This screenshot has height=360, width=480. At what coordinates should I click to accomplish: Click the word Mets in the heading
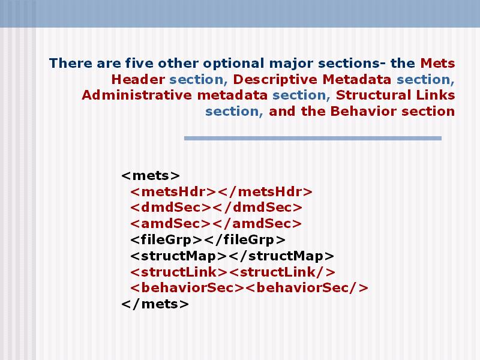click(437, 64)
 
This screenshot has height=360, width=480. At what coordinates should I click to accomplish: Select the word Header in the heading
click(138, 79)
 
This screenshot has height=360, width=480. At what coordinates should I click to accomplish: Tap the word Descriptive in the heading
click(275, 80)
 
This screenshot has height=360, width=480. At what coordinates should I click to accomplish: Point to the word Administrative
click(137, 95)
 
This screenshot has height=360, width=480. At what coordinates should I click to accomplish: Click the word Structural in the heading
click(373, 95)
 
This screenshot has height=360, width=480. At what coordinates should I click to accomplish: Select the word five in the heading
click(139, 64)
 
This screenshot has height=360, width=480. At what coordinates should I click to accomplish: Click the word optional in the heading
click(233, 64)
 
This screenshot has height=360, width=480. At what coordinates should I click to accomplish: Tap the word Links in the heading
click(436, 95)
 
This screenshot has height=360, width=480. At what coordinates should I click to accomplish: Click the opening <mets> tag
click(151, 176)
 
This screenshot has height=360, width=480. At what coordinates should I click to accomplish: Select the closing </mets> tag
click(155, 304)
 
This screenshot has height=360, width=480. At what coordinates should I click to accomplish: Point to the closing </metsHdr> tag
click(265, 192)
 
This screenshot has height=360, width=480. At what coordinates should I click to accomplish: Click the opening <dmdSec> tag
click(171, 208)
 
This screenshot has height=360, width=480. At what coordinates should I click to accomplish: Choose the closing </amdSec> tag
click(257, 224)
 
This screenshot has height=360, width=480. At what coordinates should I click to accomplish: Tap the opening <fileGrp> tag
click(167, 240)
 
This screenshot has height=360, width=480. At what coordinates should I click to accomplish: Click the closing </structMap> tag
click(281, 256)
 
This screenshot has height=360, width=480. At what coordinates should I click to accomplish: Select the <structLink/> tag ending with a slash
click(282, 272)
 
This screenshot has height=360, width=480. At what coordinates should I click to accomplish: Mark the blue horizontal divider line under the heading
click(313, 139)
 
